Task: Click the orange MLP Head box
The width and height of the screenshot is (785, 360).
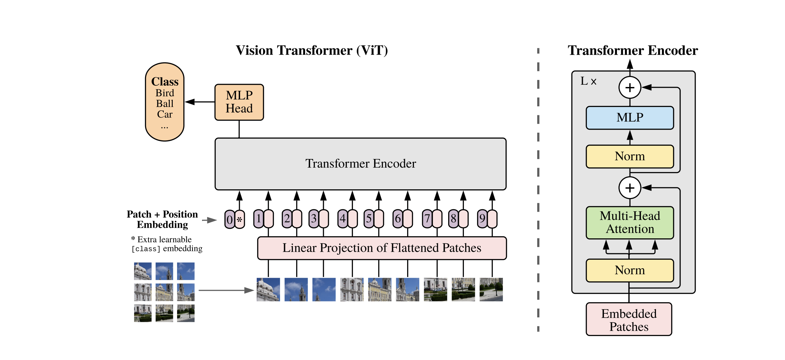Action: tap(239, 102)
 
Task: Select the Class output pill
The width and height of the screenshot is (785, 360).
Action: tap(165, 102)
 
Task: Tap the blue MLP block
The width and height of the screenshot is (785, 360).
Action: tap(630, 118)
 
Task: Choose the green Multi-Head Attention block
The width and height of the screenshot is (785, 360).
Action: tap(630, 223)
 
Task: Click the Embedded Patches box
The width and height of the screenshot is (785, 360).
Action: tap(629, 319)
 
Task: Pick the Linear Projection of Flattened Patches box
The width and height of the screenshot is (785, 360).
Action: tap(382, 248)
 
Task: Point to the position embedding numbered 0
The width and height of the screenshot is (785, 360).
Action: tap(229, 219)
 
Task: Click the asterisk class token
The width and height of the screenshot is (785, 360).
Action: tap(239, 219)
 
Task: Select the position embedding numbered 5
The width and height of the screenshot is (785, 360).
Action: tap(369, 219)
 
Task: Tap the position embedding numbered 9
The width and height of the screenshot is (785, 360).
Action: tap(482, 219)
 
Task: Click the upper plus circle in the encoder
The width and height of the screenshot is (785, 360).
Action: tap(630, 88)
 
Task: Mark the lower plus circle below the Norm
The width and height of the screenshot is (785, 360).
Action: tap(630, 188)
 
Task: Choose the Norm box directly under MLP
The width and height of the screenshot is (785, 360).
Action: tap(630, 156)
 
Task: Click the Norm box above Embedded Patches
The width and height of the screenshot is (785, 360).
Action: tap(630, 270)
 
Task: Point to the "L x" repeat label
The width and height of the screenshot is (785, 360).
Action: tap(588, 81)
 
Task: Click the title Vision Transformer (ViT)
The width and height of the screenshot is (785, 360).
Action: tap(312, 51)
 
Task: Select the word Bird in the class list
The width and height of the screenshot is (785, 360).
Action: tap(165, 93)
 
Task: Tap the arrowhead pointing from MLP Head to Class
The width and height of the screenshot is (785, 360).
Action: tap(190, 102)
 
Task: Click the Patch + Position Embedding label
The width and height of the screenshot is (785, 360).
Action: tap(162, 219)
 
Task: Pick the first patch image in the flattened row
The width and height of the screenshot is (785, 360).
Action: tap(268, 289)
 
